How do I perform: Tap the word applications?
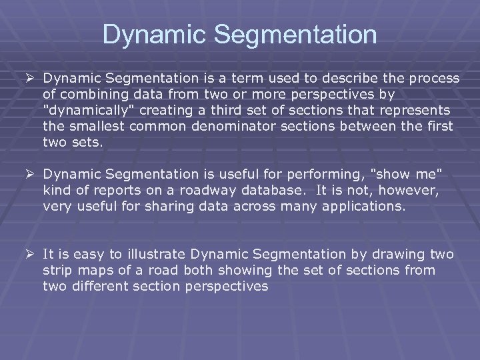pyautogui.click(x=364, y=206)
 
